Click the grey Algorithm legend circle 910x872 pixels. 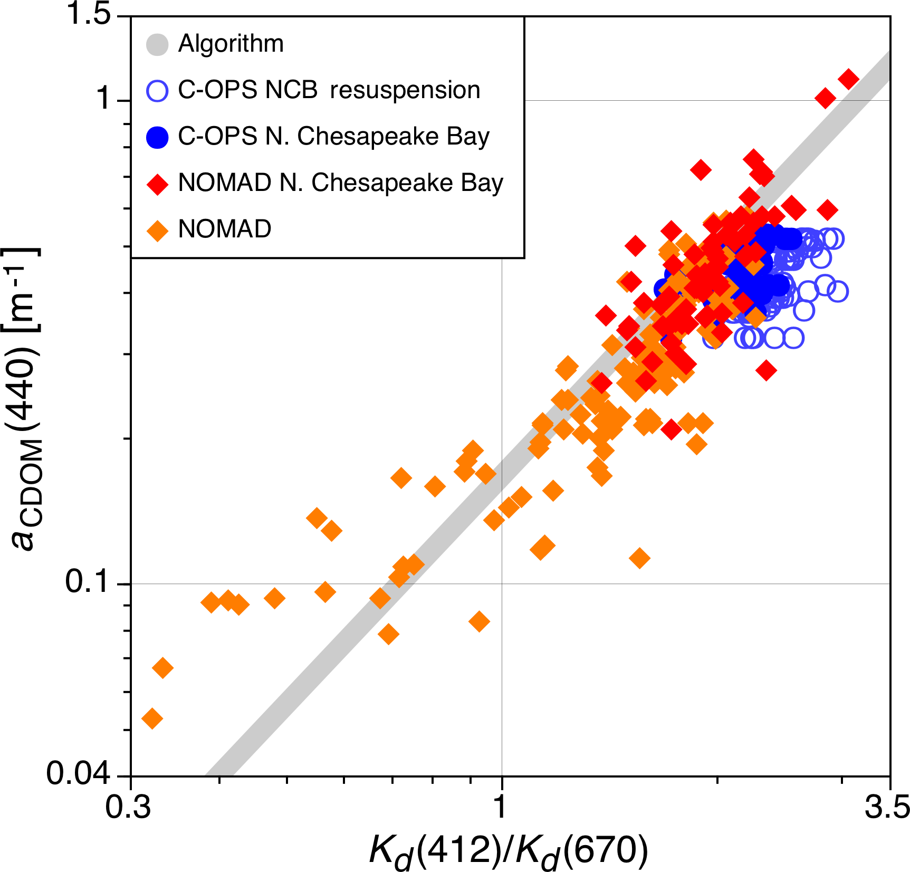pos(157,45)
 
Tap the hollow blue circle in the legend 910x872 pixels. pos(157,91)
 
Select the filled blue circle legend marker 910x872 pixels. pos(157,137)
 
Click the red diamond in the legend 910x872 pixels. pos(157,184)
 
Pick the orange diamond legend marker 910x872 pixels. pos(157,231)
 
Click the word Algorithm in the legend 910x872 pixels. pos(231,43)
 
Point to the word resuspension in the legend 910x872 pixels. pos(405,90)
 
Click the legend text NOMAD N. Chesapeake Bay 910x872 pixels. pos(341,183)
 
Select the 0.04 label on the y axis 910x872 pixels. pos(78,773)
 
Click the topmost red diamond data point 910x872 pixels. pos(848,79)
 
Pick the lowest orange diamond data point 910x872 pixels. pos(152,718)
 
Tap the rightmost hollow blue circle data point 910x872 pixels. pos(838,291)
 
